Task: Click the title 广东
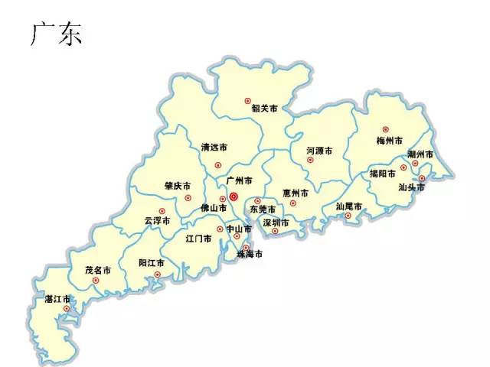coord(56,35)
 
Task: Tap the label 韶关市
coord(265,108)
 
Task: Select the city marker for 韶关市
coord(247,100)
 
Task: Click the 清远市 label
coord(214,147)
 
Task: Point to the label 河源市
coord(318,151)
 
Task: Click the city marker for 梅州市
coord(385,129)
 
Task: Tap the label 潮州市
coord(420,154)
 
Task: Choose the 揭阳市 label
coord(382,174)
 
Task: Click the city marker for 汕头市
coord(421,178)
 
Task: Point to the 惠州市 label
coord(295,193)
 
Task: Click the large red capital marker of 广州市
coord(234,196)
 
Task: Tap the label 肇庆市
coord(178,186)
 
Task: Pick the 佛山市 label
coord(214,208)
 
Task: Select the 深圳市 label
coord(276,223)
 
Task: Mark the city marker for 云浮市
coord(162,211)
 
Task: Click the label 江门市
coord(198,239)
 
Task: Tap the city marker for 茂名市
coord(96,281)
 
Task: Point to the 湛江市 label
coord(58,298)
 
